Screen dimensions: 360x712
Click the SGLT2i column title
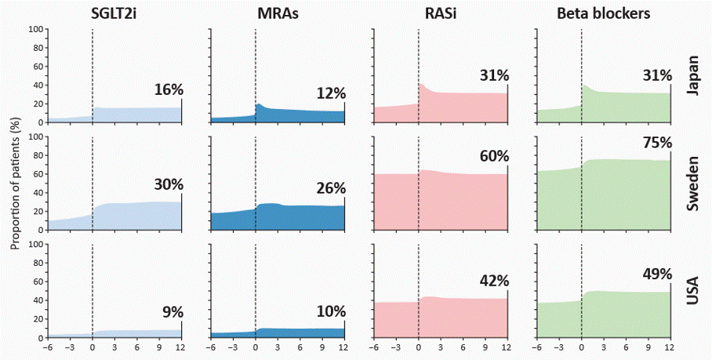(x=114, y=13)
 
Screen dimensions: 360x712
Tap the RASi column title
(x=441, y=13)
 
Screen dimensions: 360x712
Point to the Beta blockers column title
(x=604, y=13)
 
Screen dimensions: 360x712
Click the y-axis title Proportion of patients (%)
(x=15, y=184)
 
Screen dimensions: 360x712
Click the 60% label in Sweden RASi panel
(x=494, y=156)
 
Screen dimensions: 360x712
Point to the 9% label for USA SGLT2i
(x=172, y=312)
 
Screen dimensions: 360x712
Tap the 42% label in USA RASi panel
(x=494, y=281)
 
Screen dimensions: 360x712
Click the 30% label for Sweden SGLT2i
(x=168, y=185)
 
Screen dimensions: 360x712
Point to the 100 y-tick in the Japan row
(x=35, y=30)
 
